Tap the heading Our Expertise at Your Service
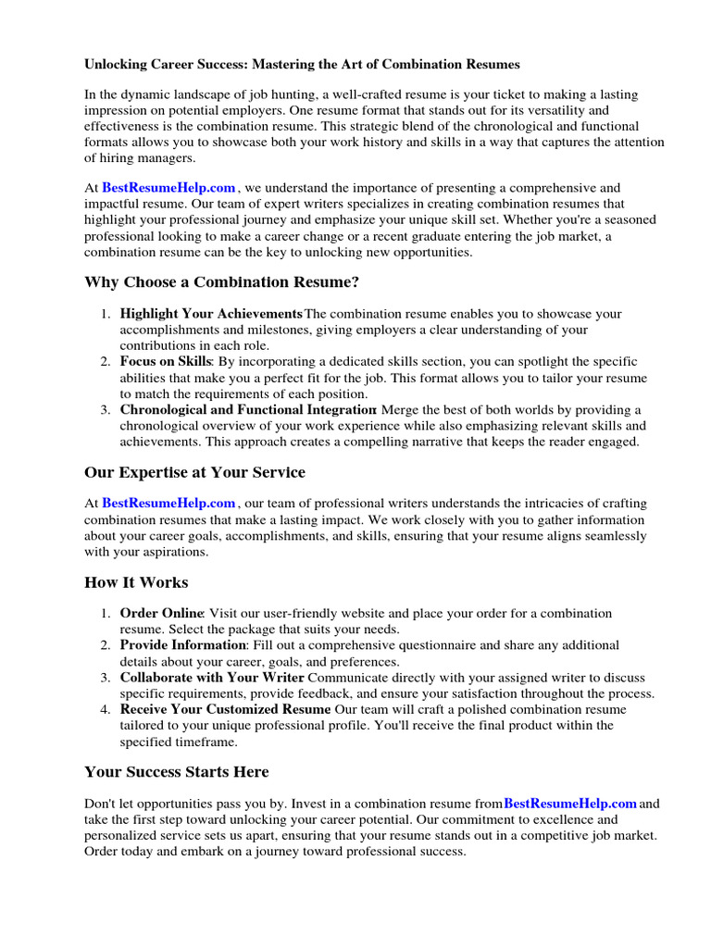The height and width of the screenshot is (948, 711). [194, 472]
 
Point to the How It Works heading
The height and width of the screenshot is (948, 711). [136, 582]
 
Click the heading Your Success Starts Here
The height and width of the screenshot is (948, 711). [176, 772]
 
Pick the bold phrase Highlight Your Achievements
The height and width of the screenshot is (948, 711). [211, 314]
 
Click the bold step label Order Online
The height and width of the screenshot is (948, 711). [161, 613]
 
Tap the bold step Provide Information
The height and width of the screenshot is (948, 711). [182, 645]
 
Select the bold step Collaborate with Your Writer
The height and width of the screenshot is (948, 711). [212, 678]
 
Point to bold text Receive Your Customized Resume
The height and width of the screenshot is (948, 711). [225, 709]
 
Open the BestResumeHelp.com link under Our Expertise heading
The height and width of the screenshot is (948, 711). [168, 504]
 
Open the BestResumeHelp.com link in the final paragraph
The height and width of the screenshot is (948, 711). [570, 804]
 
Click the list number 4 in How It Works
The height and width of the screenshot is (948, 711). [106, 709]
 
